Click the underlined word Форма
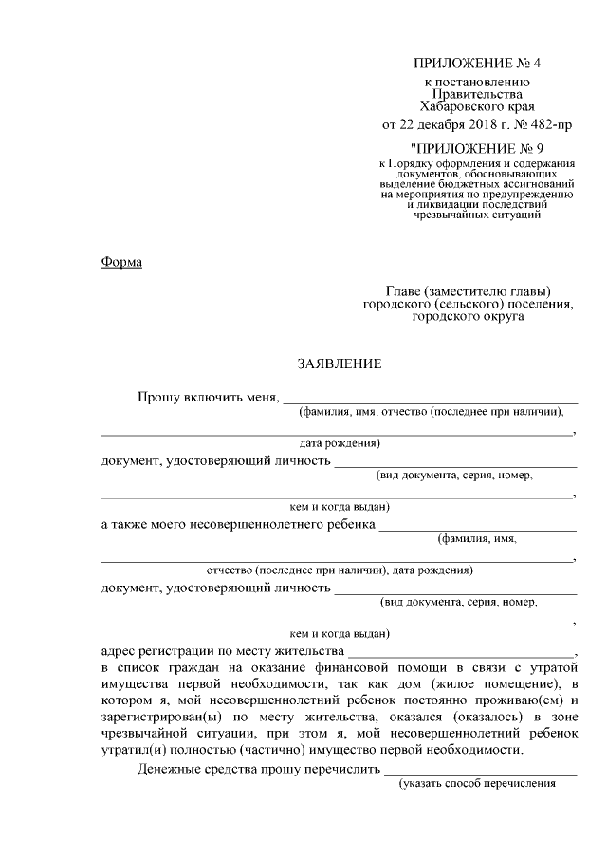pyautogui.click(x=121, y=262)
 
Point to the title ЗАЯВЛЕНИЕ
pyautogui.click(x=339, y=363)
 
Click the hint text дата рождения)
pyautogui.click(x=340, y=442)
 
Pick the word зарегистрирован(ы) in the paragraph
pyautogui.click(x=160, y=716)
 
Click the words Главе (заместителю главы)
pyautogui.click(x=469, y=289)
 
